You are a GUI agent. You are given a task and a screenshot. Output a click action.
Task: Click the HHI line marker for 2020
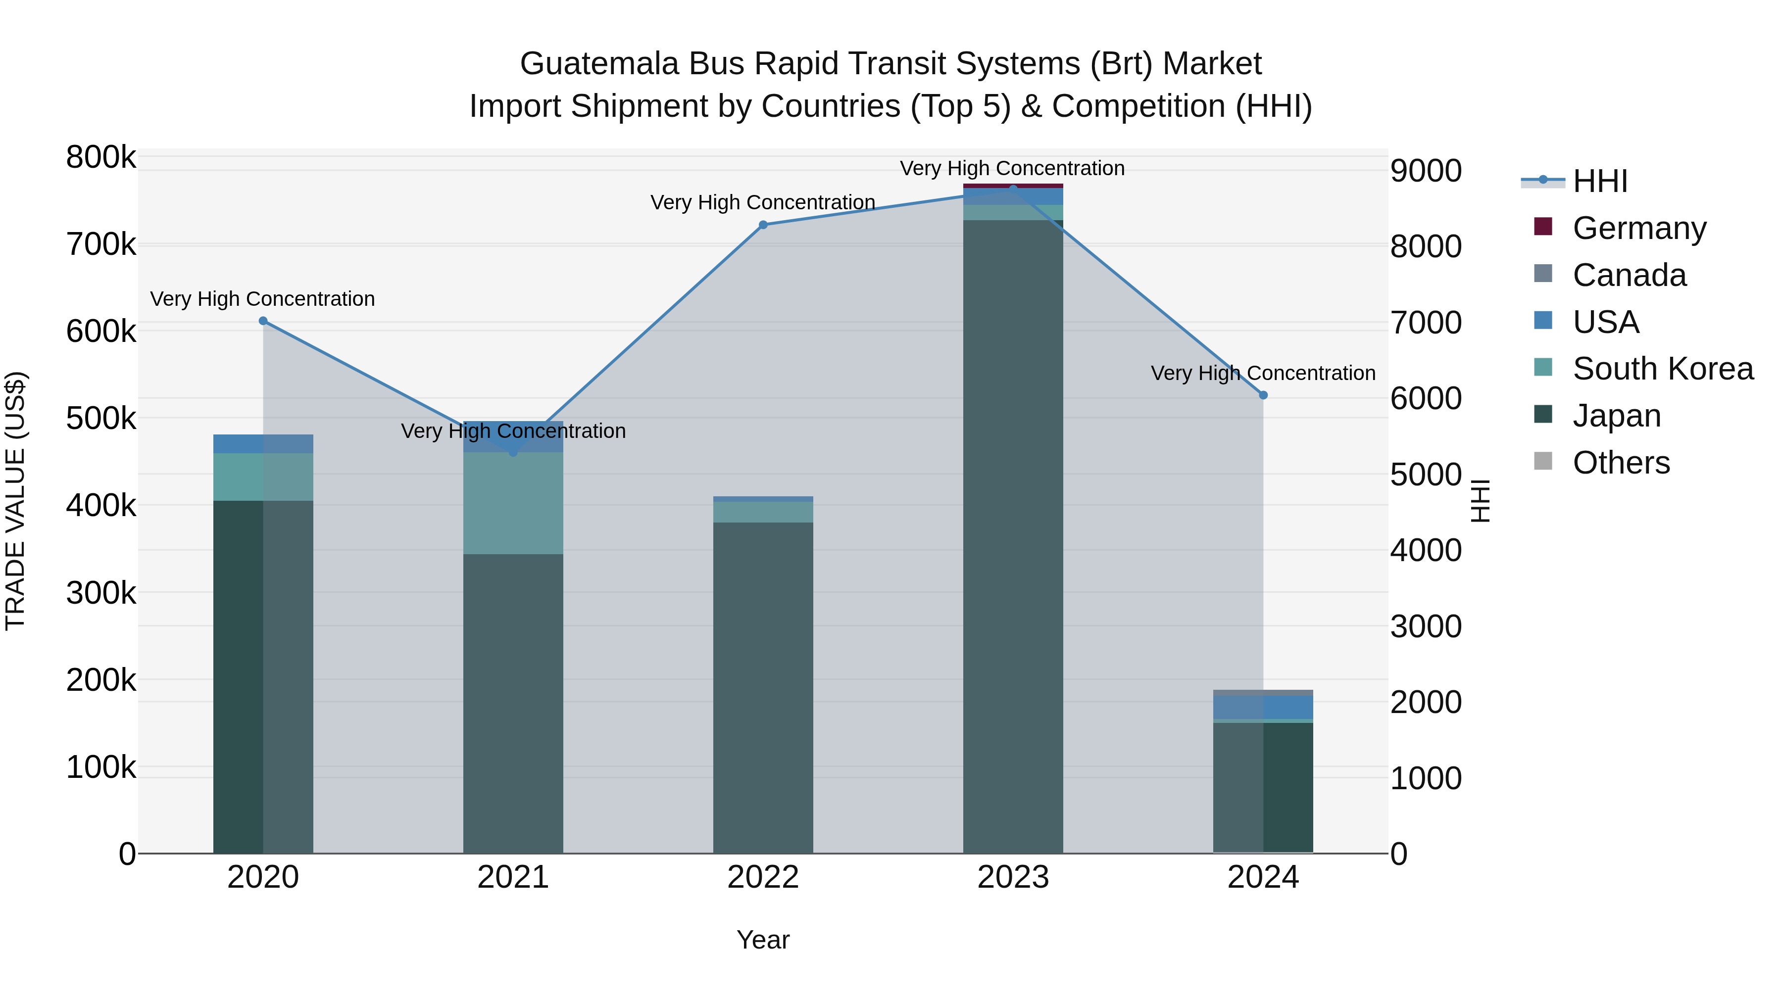point(263,321)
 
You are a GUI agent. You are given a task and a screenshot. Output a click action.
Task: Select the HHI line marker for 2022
point(763,225)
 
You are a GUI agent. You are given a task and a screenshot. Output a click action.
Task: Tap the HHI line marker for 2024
point(1263,395)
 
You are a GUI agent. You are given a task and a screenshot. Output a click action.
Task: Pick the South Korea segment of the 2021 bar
point(513,503)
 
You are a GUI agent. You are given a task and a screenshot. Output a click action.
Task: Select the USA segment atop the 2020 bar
point(263,444)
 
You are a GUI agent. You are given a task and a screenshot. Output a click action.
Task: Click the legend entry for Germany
point(1639,228)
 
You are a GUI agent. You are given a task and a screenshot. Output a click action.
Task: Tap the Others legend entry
point(1621,463)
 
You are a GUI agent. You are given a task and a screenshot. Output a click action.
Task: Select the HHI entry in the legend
point(1599,181)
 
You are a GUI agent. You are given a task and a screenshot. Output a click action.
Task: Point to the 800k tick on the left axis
point(101,158)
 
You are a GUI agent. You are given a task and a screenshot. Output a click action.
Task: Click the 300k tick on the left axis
point(101,593)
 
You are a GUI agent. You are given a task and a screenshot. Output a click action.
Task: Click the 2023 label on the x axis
point(1013,877)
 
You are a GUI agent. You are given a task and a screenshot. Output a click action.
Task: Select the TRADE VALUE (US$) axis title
point(15,501)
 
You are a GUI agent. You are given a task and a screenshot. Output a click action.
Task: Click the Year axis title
point(763,940)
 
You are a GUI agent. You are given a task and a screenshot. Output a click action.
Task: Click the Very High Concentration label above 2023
point(1012,168)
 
